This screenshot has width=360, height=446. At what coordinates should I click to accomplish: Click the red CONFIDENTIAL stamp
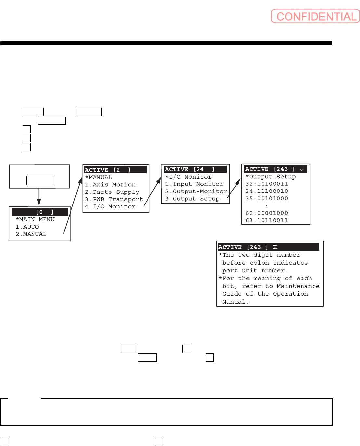coord(315,16)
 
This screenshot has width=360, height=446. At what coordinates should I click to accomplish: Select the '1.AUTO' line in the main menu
coord(27,227)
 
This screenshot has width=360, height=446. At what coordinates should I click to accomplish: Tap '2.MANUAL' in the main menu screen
coord(31,234)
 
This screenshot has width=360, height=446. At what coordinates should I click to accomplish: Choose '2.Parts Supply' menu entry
coord(112,192)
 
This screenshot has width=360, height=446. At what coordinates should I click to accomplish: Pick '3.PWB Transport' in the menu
coord(114,199)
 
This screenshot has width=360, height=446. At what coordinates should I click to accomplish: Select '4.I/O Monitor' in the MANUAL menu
coord(110,207)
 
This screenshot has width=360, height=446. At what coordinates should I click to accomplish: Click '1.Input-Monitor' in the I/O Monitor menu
coord(194,184)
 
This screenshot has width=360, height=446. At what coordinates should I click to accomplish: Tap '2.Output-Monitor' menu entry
coord(196,192)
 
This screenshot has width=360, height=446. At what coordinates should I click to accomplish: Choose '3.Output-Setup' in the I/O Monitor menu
coord(192,199)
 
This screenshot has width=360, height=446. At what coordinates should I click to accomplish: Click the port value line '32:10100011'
coord(266,184)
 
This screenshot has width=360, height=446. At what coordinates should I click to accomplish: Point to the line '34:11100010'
coord(266,191)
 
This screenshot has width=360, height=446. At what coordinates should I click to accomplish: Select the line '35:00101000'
coord(266,198)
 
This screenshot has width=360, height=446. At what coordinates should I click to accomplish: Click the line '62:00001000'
coord(266,213)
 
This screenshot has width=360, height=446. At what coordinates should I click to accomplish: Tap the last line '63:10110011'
coord(266,220)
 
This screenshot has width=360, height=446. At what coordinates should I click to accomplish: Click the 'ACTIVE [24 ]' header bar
coord(195,169)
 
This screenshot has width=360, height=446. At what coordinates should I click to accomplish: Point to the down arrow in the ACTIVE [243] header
coord(302,169)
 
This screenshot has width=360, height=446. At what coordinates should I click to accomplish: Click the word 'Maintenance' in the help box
coord(298,286)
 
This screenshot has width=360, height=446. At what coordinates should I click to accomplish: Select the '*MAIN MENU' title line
coord(35,219)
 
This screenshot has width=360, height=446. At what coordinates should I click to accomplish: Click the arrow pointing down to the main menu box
coord(39,197)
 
